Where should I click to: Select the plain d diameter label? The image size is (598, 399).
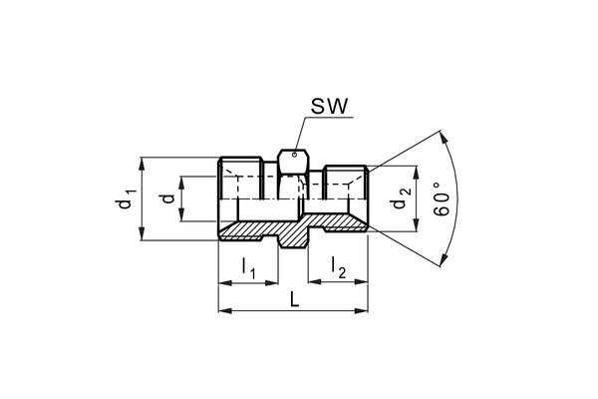pyautogui.click(x=167, y=198)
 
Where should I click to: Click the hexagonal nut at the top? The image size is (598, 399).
pyautogui.click(x=292, y=160)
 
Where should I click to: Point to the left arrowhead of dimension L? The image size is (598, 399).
pyautogui.click(x=221, y=311)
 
